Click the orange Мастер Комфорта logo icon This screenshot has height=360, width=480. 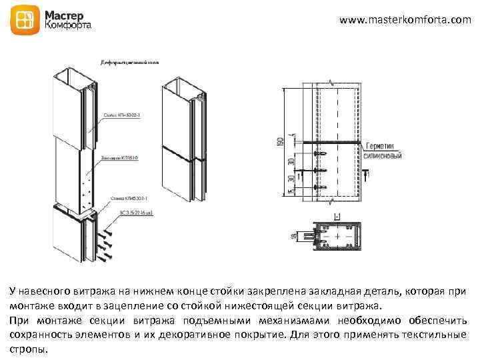coord(26,21)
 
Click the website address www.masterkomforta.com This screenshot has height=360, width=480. coord(405,20)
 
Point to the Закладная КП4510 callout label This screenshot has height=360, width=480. coord(120,158)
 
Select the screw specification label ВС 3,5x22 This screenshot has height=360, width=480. coord(136,213)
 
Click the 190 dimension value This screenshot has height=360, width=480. coord(283,142)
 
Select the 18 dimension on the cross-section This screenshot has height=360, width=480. coord(293,235)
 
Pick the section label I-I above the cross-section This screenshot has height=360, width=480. coord(337,215)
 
